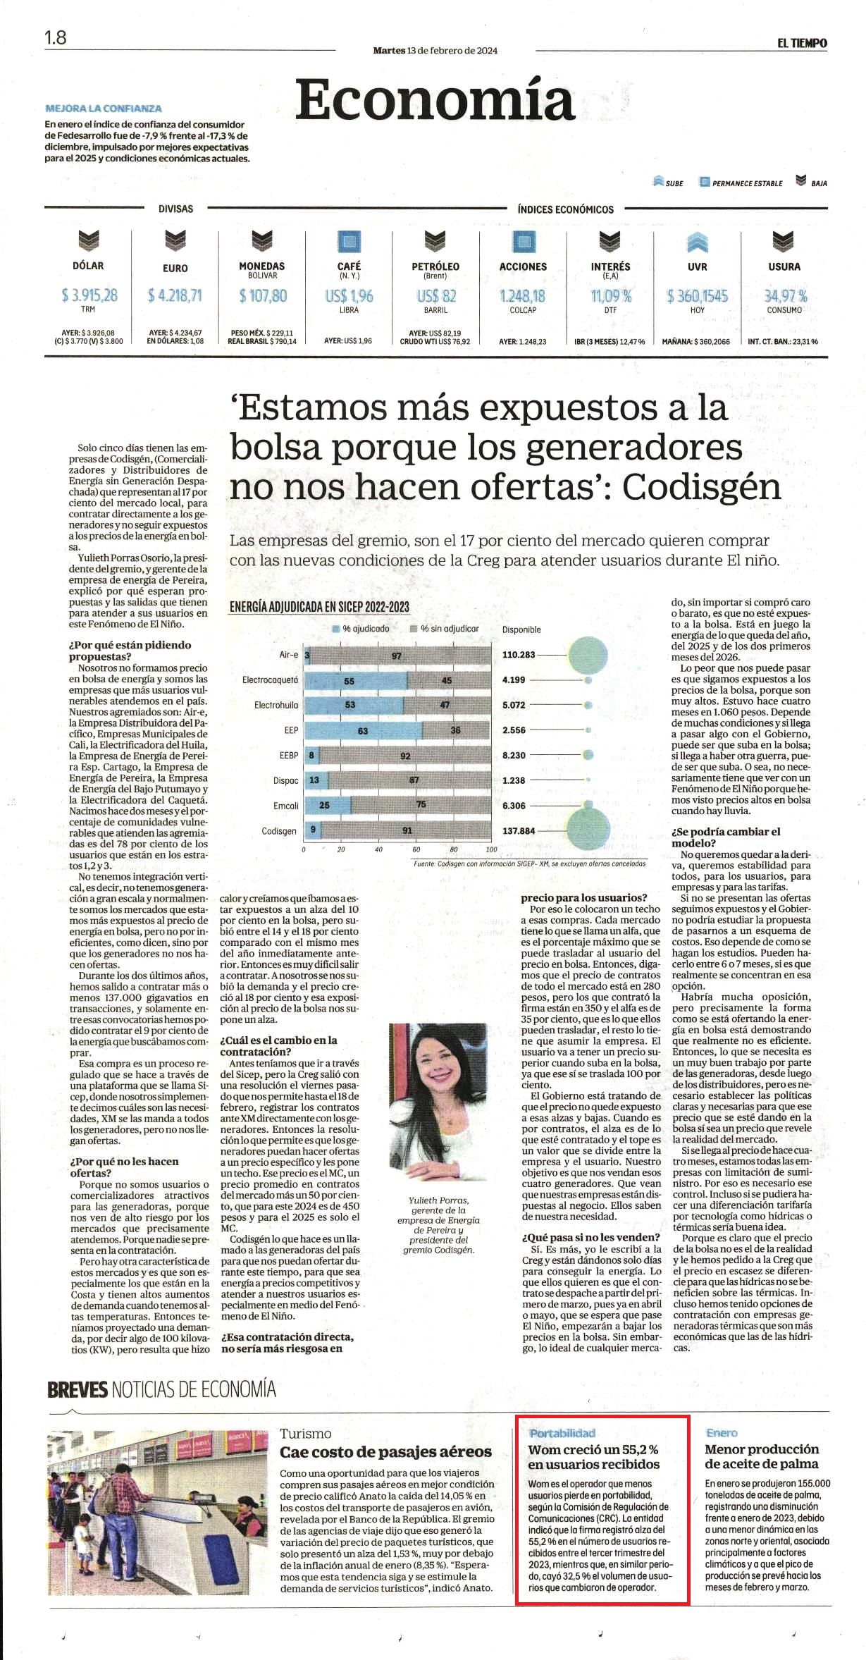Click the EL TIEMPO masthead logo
tap(802, 43)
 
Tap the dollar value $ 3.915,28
tap(89, 295)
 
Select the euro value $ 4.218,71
tap(175, 295)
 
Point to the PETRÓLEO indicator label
tap(435, 266)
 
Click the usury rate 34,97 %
tap(786, 295)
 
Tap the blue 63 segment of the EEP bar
tap(363, 730)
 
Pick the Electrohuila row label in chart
tap(276, 705)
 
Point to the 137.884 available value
tap(519, 831)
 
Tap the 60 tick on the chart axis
tap(416, 849)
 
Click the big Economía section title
tap(435, 99)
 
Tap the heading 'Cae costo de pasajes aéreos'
tap(385, 1451)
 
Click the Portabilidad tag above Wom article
tap(562, 1433)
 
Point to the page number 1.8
tap(56, 37)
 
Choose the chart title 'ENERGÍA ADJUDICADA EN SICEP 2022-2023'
tap(319, 606)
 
